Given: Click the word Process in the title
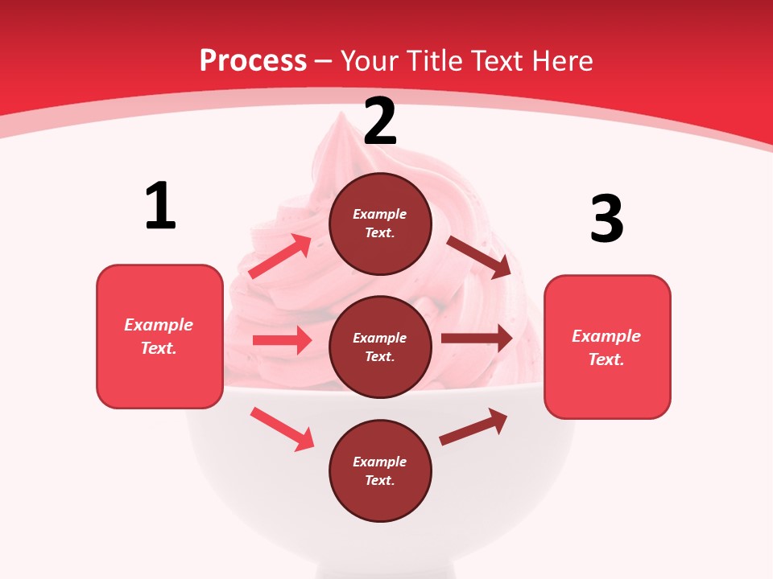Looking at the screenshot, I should (253, 60).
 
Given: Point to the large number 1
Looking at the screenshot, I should (160, 206).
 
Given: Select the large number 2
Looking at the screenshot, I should (380, 121).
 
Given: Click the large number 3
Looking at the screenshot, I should (606, 219).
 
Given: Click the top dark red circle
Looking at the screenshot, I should (380, 224).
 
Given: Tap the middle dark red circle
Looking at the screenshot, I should (380, 347).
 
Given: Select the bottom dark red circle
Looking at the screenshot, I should (380, 471).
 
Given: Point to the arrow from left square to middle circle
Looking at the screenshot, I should (282, 340).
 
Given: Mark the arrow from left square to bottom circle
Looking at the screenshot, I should (282, 429).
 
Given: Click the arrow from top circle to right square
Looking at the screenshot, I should (478, 257).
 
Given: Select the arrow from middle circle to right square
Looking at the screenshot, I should (477, 339).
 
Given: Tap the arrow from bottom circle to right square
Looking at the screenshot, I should (473, 427).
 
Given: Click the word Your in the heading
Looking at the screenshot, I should (370, 60).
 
